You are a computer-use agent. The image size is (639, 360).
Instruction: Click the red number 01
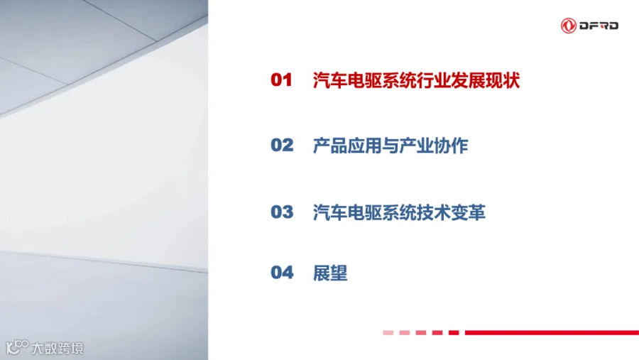click(x=282, y=80)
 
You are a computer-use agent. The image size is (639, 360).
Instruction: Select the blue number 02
click(x=282, y=145)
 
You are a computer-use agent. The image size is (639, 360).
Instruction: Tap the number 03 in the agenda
click(x=282, y=212)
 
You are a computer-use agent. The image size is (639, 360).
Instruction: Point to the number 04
click(x=282, y=273)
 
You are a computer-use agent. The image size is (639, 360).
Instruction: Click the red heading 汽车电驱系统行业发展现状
click(x=416, y=80)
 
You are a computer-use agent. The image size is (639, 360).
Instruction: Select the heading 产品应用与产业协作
click(x=390, y=146)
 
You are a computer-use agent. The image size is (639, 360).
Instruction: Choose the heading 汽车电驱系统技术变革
click(x=399, y=212)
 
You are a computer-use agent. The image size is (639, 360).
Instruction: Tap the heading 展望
click(x=330, y=273)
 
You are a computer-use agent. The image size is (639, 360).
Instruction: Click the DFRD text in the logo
click(x=599, y=26)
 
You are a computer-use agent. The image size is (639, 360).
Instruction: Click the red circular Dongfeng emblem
click(x=569, y=26)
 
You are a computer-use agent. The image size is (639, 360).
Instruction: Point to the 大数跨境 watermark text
click(x=58, y=348)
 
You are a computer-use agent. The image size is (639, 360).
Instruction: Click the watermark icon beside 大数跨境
click(x=17, y=347)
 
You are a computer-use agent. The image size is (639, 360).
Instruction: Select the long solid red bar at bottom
click(x=552, y=333)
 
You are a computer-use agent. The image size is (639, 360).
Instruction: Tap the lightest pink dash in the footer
click(x=388, y=333)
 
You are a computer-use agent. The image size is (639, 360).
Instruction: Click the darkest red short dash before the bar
click(x=454, y=333)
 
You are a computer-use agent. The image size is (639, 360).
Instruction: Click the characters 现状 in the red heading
click(x=503, y=80)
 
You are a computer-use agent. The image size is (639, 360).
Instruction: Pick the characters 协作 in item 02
click(x=451, y=146)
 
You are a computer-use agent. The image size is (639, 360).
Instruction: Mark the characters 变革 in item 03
click(x=469, y=212)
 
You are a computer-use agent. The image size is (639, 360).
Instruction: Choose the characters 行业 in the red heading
click(x=434, y=80)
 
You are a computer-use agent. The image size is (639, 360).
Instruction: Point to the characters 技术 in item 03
click(x=434, y=212)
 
